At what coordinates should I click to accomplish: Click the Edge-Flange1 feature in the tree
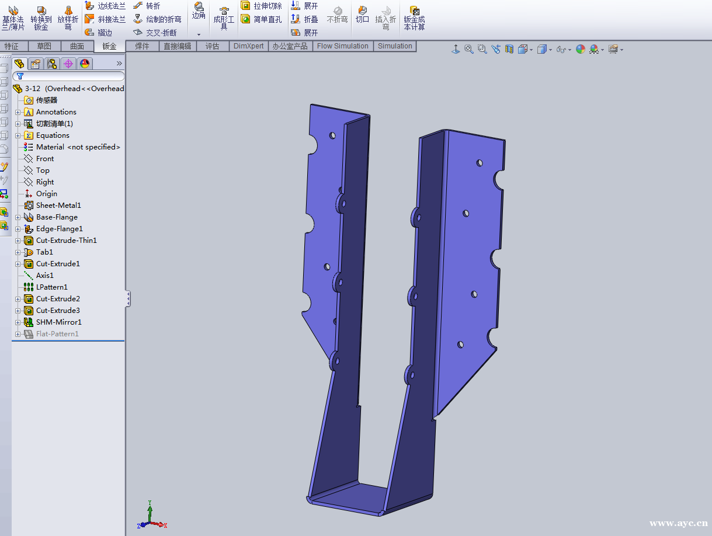pyautogui.click(x=59, y=229)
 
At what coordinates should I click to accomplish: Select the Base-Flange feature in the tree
pyautogui.click(x=56, y=217)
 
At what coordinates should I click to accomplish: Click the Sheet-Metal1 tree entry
pyautogui.click(x=58, y=206)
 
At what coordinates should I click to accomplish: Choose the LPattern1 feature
pyautogui.click(x=51, y=287)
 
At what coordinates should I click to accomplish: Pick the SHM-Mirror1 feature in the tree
pyautogui.click(x=58, y=322)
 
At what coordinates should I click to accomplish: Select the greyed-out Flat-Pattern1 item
pyautogui.click(x=57, y=334)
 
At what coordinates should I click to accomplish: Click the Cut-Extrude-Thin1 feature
pyautogui.click(x=66, y=241)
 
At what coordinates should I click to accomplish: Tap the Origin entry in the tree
pyautogui.click(x=46, y=194)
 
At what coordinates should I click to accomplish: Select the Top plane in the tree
pyautogui.click(x=43, y=170)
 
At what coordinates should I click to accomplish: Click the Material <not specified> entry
pyautogui.click(x=78, y=147)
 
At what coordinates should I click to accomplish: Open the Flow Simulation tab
pyautogui.click(x=342, y=46)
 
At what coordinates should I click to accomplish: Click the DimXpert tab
pyautogui.click(x=248, y=46)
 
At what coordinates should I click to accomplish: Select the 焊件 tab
pyautogui.click(x=142, y=46)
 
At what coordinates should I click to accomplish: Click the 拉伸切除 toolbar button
pyautogui.click(x=261, y=6)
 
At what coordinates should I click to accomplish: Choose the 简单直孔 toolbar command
pyautogui.click(x=261, y=19)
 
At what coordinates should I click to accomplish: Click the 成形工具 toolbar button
pyautogui.click(x=224, y=19)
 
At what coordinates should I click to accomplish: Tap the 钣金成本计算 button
pyautogui.click(x=414, y=19)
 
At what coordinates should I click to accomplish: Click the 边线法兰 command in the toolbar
pyautogui.click(x=105, y=6)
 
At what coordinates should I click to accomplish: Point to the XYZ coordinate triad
pyautogui.click(x=151, y=516)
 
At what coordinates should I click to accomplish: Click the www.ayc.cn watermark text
pyautogui.click(x=678, y=524)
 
